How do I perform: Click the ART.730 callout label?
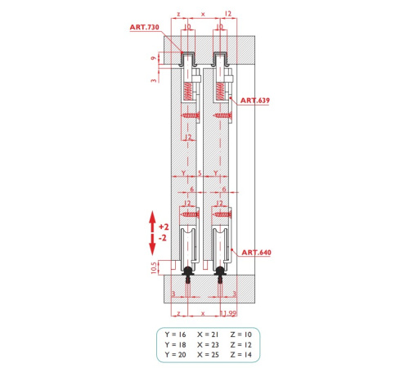[144, 27]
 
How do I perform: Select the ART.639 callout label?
[255, 101]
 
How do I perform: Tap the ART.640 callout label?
[256, 253]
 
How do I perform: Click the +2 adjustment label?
[164, 227]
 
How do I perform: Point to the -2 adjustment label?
[163, 238]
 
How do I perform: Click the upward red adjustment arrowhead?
[152, 218]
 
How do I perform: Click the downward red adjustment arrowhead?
[152, 249]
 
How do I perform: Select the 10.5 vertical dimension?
[154, 267]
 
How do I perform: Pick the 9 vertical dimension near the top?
[154, 58]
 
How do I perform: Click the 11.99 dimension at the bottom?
[228, 313]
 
